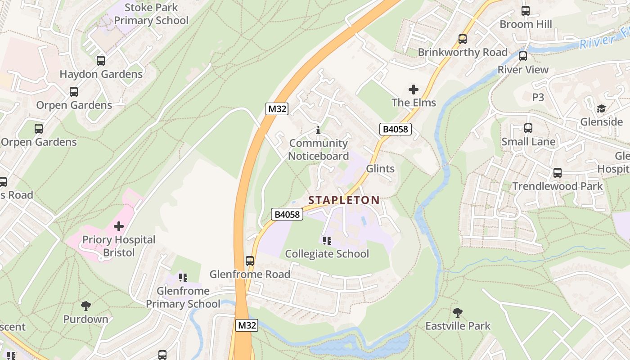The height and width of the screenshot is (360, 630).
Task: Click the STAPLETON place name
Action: pyautogui.click(x=344, y=200)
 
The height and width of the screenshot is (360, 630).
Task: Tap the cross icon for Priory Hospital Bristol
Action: pyautogui.click(x=119, y=226)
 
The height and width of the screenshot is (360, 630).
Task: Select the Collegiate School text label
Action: pyautogui.click(x=327, y=254)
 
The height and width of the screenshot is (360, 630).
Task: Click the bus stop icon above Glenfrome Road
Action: pyautogui.click(x=249, y=261)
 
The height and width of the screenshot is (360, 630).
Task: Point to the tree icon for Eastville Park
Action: pyautogui.click(x=458, y=312)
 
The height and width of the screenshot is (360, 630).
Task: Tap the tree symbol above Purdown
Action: pyautogui.click(x=85, y=306)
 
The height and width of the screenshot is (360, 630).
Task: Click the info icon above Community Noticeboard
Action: pyautogui.click(x=318, y=130)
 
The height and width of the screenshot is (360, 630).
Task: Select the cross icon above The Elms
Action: pyautogui.click(x=413, y=90)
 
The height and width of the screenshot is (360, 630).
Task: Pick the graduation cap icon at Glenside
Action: pyautogui.click(x=601, y=108)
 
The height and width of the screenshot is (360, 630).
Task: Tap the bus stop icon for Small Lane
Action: pyautogui.click(x=528, y=128)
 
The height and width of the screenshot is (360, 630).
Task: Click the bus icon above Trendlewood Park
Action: pyautogui.click(x=557, y=173)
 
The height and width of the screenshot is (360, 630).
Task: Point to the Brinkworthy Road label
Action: pyautogui.click(x=463, y=52)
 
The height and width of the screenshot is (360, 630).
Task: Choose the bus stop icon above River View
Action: pyautogui.click(x=522, y=56)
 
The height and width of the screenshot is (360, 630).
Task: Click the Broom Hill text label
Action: pyautogui.click(x=526, y=24)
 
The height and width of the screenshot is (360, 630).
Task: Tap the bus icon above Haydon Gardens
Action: pyautogui.click(x=101, y=61)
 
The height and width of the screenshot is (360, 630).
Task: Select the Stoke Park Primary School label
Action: pyautogui.click(x=151, y=14)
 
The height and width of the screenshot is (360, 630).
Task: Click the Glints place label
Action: pyautogui.click(x=380, y=169)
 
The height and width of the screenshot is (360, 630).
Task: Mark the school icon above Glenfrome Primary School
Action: pyautogui.click(x=183, y=277)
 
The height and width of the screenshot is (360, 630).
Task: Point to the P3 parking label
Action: pyautogui.click(x=538, y=97)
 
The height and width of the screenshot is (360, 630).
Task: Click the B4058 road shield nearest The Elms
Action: pyautogui.click(x=396, y=130)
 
